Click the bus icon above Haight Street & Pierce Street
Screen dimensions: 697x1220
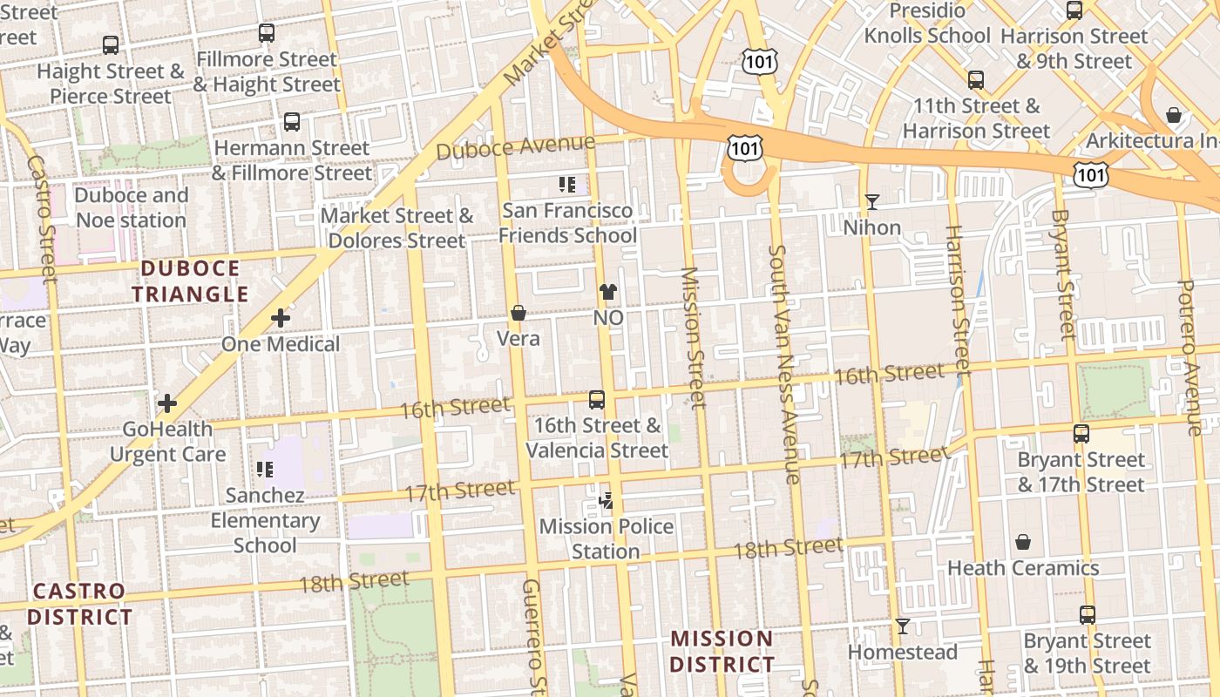coord(110,44)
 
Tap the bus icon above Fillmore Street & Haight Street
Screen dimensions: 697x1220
coord(267,33)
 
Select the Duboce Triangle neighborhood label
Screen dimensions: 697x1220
coord(190,281)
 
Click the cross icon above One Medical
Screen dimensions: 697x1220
coord(280,319)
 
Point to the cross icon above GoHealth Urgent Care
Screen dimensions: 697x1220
coord(167,403)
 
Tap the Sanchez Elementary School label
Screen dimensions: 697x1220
coord(265,520)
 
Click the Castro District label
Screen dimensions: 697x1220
coord(79,604)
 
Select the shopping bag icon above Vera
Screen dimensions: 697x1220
coord(518,313)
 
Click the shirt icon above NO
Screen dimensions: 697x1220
coord(607,293)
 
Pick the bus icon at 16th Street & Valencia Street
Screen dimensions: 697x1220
coord(597,400)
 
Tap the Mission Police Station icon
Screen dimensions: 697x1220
coord(606,500)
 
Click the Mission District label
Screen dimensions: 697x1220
coord(722,651)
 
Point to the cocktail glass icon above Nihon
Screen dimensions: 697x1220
coord(872,202)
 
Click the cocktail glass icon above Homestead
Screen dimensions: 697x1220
coord(903,626)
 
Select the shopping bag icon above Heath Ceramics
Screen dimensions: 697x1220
coord(1023,542)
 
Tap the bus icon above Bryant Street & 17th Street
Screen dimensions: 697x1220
coord(1081,433)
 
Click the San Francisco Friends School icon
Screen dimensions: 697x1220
coord(567,185)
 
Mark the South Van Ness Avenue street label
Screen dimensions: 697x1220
coord(783,363)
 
